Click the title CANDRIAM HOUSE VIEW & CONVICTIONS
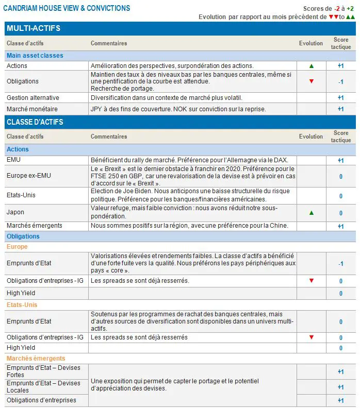67,8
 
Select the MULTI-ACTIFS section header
34,28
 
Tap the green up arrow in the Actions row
311,66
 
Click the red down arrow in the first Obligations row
311,81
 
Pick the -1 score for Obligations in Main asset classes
340,81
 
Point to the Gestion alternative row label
32,98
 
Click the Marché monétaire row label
32,109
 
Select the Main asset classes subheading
35,56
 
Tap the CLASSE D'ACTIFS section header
35,122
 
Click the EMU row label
13,160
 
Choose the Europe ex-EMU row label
29,176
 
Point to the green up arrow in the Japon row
311,213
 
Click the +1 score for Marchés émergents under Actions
340,226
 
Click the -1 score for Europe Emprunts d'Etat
340,264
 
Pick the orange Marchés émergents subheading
36,359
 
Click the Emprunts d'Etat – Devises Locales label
43,386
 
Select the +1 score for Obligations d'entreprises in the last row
340,401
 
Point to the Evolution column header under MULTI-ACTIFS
311,44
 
